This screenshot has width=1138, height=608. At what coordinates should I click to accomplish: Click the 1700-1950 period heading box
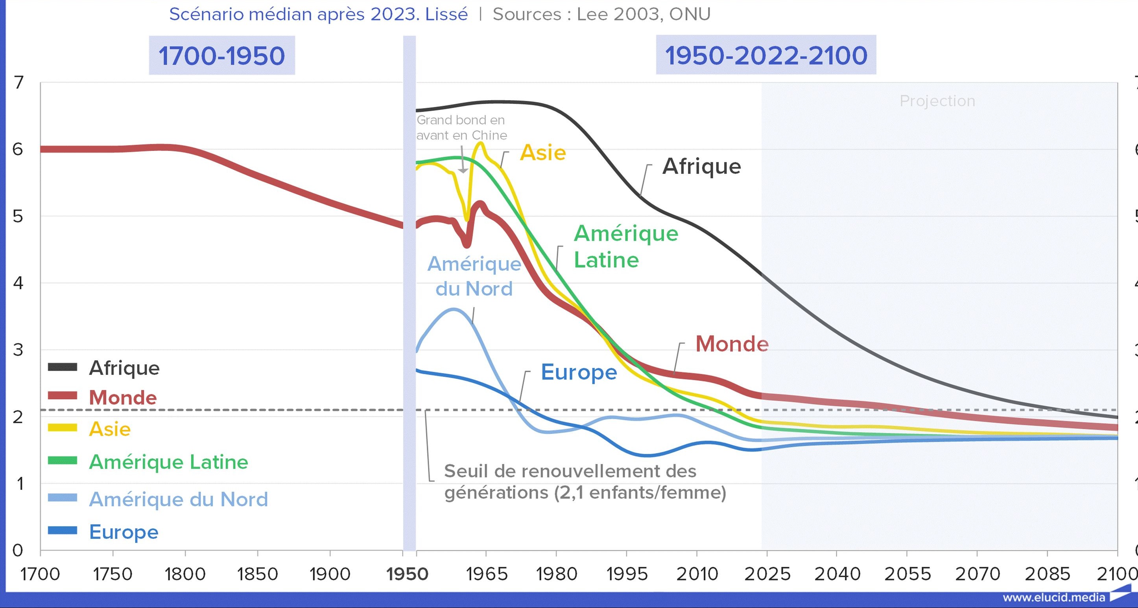[221, 56]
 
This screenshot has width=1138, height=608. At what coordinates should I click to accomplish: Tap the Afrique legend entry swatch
[62, 367]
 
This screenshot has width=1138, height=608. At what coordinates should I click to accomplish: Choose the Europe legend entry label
[124, 532]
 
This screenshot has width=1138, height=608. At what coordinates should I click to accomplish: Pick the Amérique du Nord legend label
[179, 500]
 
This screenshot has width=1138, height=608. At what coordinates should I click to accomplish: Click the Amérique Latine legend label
[168, 462]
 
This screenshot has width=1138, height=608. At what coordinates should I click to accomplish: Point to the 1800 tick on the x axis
[185, 574]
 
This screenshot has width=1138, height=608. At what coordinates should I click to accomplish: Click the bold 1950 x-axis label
[407, 574]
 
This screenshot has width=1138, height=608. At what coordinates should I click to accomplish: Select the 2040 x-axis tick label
[837, 574]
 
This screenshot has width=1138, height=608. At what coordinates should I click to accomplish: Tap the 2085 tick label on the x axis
[1048, 574]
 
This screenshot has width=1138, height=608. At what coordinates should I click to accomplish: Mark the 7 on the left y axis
[18, 83]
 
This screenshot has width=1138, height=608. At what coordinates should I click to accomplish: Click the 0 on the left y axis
[18, 550]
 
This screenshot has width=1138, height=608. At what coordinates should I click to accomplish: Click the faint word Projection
[937, 101]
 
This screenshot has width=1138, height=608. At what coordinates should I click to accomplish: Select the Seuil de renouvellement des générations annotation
[585, 482]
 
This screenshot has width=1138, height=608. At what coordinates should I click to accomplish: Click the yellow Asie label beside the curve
[543, 153]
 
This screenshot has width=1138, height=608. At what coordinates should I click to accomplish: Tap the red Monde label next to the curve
[732, 344]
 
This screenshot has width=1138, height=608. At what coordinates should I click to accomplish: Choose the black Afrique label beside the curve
[701, 167]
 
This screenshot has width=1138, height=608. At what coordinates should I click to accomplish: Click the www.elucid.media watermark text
[1053, 597]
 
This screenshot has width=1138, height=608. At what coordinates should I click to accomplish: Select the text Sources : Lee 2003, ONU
[601, 15]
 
